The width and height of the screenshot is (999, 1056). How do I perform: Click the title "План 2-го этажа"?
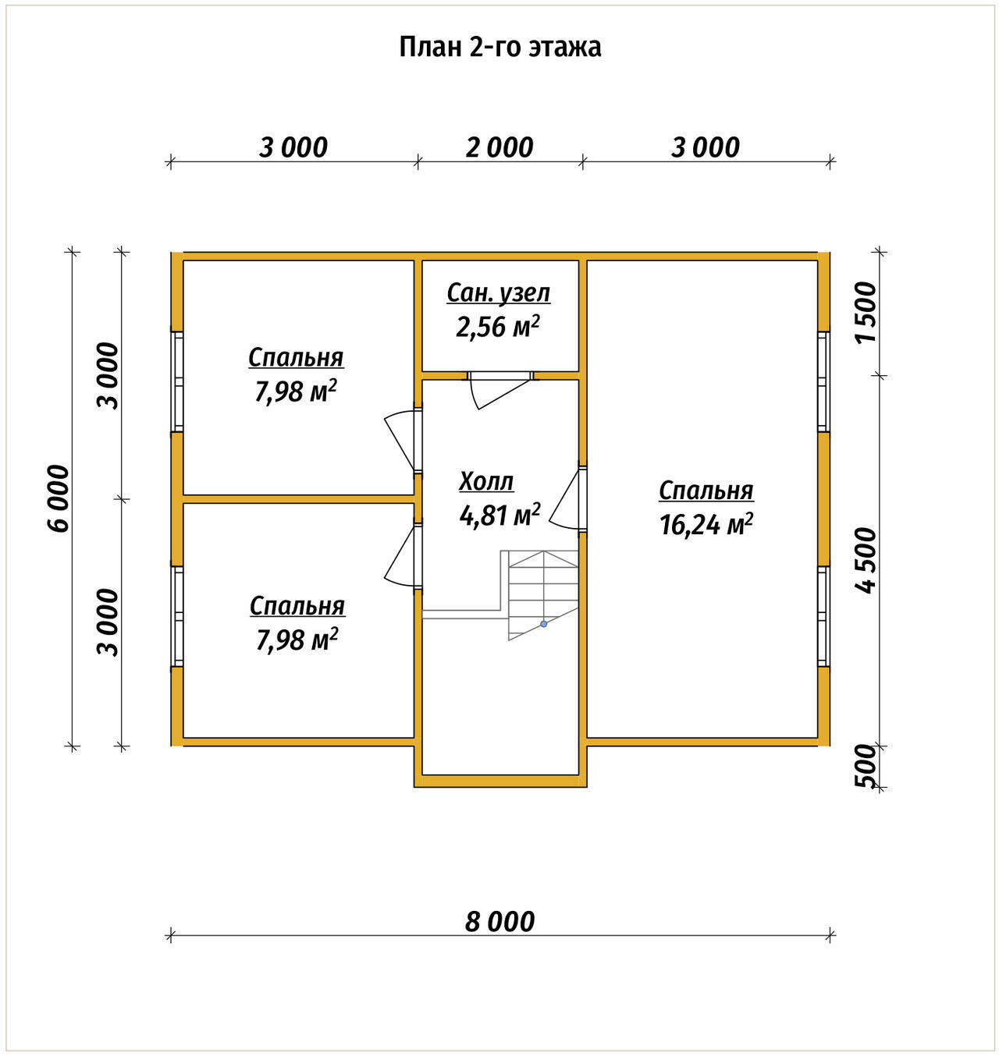coord(499,48)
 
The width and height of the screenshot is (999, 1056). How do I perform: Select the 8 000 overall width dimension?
coord(499,922)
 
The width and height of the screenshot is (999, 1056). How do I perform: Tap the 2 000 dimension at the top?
coord(499,147)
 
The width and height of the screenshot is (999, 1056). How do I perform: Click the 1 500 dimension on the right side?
coord(866,313)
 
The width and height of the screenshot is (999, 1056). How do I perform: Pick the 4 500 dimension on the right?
coord(866,560)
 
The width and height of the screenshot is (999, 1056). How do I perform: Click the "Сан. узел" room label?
coord(499,294)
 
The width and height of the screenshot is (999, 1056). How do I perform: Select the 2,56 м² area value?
coord(497,327)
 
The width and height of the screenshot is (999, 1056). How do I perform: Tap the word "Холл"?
coord(486,481)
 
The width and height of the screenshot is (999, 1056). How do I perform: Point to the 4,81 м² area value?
coord(499,515)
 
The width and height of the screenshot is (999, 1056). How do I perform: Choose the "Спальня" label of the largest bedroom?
coord(706,491)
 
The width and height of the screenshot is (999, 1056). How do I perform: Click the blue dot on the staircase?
coord(543,624)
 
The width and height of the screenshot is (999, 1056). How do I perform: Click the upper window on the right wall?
coord(822,381)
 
